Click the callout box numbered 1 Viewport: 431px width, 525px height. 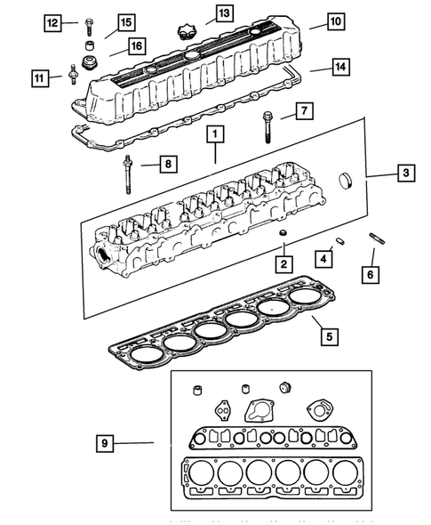point(214,136)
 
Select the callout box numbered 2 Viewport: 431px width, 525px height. point(283,264)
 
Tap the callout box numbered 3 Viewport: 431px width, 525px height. point(403,174)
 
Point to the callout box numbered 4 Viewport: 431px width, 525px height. point(325,259)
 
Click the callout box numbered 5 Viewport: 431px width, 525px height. point(328,336)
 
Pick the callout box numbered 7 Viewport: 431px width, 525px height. point(303,112)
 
